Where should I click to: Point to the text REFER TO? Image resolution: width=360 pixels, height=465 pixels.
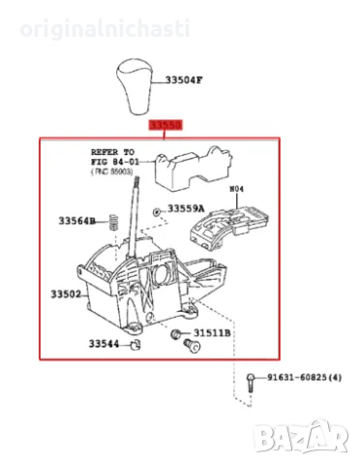pyautogui.click(x=113, y=153)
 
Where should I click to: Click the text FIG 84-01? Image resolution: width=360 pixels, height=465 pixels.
pyautogui.click(x=116, y=163)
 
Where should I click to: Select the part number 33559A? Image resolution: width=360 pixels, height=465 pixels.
pyautogui.click(x=186, y=208)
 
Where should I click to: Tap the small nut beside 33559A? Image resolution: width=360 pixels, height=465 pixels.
pyautogui.click(x=156, y=211)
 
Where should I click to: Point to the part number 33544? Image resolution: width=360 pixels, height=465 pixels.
pyautogui.click(x=103, y=344)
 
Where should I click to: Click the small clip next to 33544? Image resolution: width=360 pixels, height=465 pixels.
pyautogui.click(x=135, y=345)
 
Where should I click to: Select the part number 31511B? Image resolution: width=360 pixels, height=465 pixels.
pyautogui.click(x=212, y=334)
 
